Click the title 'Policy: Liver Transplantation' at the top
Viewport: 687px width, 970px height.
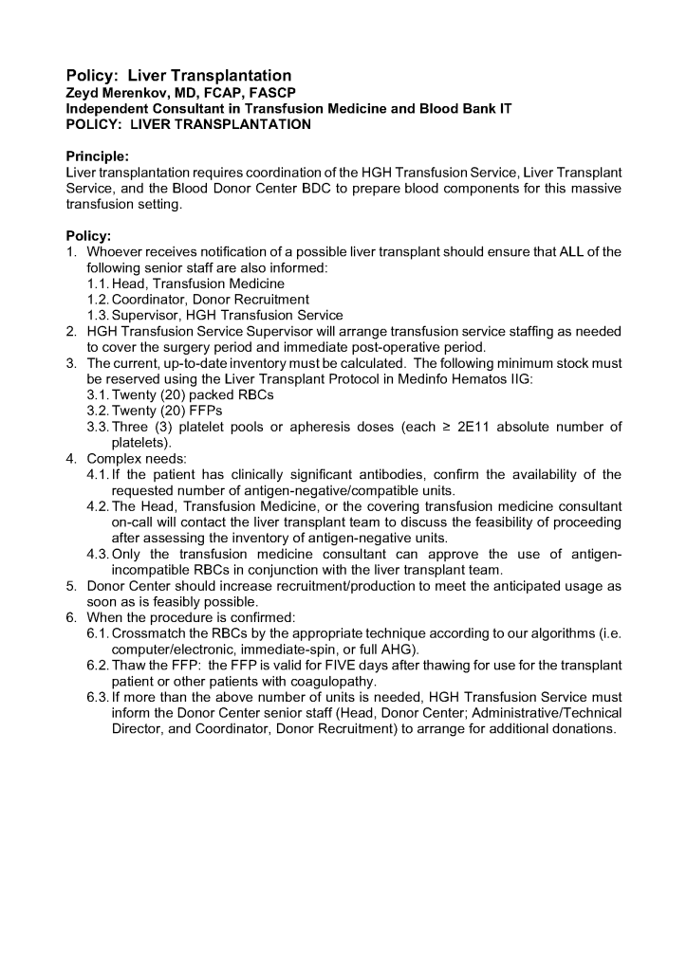coord(178,75)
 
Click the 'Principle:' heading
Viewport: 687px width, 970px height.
coord(98,156)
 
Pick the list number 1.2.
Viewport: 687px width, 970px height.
coord(98,300)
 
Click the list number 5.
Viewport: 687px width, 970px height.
coord(71,586)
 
